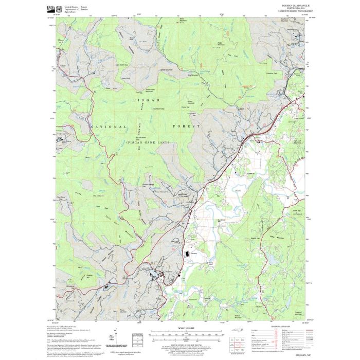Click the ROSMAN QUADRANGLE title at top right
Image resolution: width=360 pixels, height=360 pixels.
tap(294, 6)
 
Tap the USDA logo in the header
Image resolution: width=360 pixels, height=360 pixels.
tap(51, 9)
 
